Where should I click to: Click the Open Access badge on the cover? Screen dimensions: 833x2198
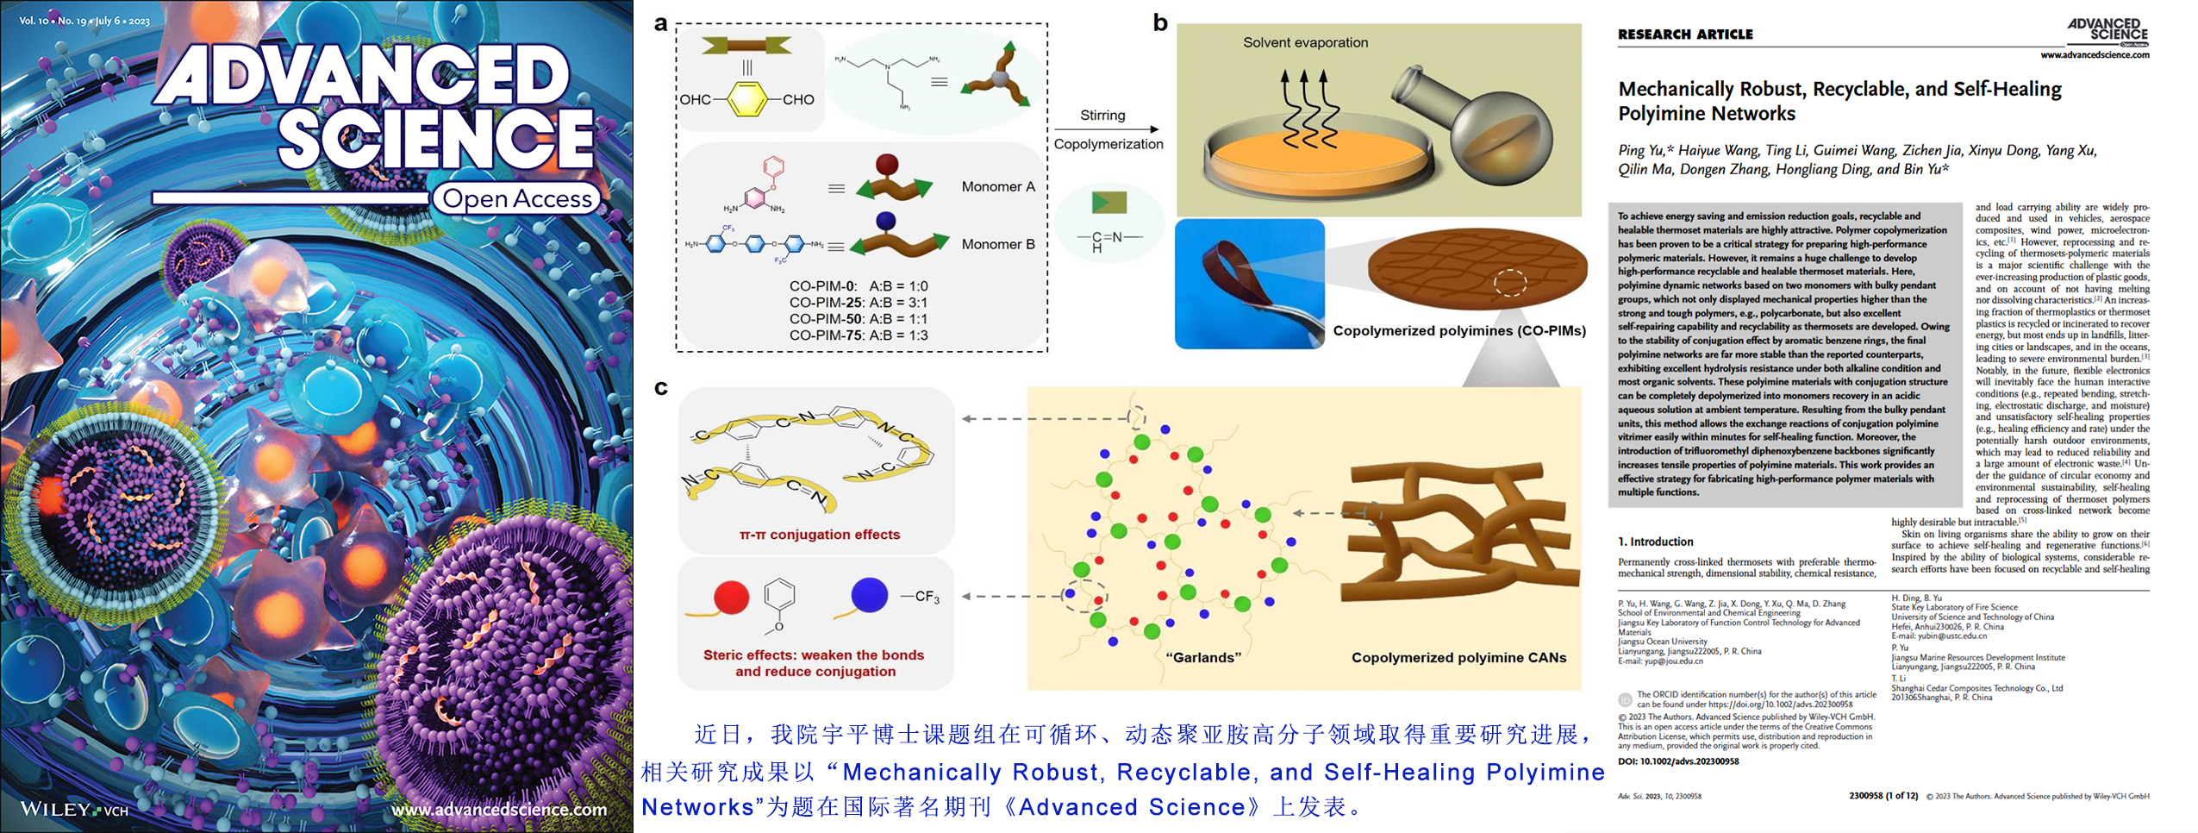[x=516, y=198]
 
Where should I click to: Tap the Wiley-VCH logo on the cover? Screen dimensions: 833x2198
[x=74, y=809]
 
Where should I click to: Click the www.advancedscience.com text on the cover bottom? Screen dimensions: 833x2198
[x=499, y=809]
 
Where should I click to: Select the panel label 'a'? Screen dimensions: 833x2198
[x=660, y=23]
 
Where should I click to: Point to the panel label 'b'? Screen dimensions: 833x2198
[x=1160, y=23]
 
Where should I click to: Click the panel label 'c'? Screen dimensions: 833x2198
[x=660, y=387]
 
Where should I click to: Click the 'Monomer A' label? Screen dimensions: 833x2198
[x=998, y=186]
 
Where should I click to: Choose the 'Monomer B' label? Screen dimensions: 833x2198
[x=998, y=244]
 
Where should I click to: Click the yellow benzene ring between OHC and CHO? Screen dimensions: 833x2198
[x=747, y=99]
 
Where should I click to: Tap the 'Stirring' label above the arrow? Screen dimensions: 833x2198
[x=1102, y=115]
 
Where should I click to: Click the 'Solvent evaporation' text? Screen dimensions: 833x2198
[x=1305, y=42]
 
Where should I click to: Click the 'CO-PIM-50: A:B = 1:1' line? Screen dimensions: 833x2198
[x=859, y=318]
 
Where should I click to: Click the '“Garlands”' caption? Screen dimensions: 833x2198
[x=1203, y=657]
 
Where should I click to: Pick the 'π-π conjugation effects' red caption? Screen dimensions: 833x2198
[x=820, y=535]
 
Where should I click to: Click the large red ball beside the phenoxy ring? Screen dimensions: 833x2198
[x=732, y=597]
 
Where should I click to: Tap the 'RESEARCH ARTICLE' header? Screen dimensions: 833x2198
[x=1685, y=34]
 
